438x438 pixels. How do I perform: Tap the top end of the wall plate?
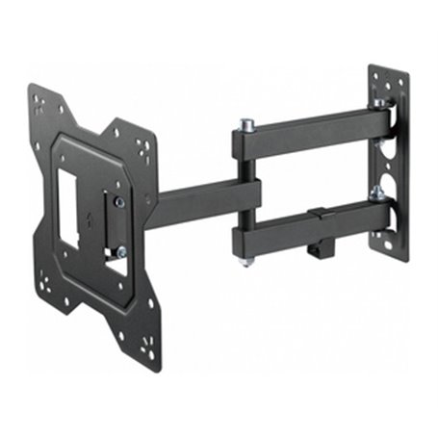pos(384,76)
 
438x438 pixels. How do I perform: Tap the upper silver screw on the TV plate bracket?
pos(118,201)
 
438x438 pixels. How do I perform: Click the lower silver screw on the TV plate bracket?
pos(120,252)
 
